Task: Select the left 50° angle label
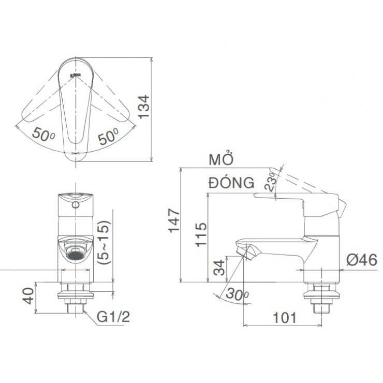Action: pyautogui.click(x=43, y=134)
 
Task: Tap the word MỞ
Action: pyautogui.click(x=222, y=159)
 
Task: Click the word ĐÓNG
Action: pyautogui.click(x=232, y=183)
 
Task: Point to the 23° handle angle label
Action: pyautogui.click(x=272, y=182)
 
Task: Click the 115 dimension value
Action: pyautogui.click(x=201, y=234)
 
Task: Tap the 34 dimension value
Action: pyautogui.click(x=220, y=268)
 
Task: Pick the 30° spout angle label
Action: pyautogui.click(x=237, y=296)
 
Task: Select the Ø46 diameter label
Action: pyautogui.click(x=362, y=260)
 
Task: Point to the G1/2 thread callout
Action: pyautogui.click(x=113, y=317)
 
